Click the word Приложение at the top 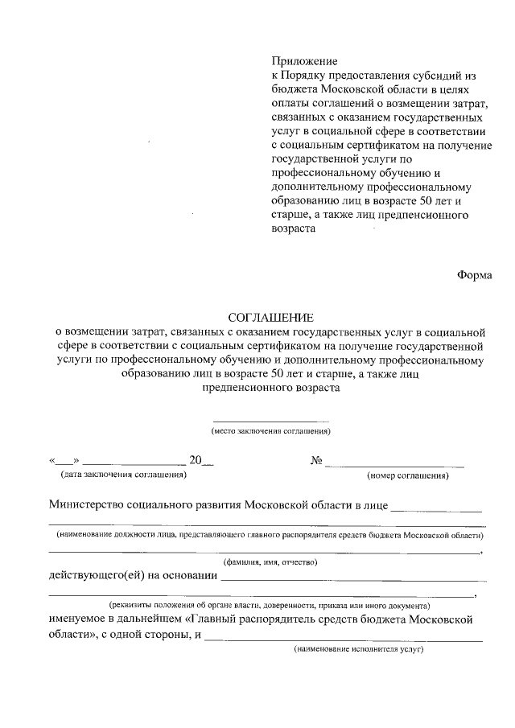tap(305, 61)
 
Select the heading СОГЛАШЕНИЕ tap(270, 318)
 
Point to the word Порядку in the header tap(311, 75)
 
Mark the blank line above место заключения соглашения tap(270, 421)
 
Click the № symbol tap(316, 461)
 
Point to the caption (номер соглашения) tap(408, 475)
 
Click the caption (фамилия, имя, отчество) tap(270, 561)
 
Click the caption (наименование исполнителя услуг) tap(358, 649)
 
